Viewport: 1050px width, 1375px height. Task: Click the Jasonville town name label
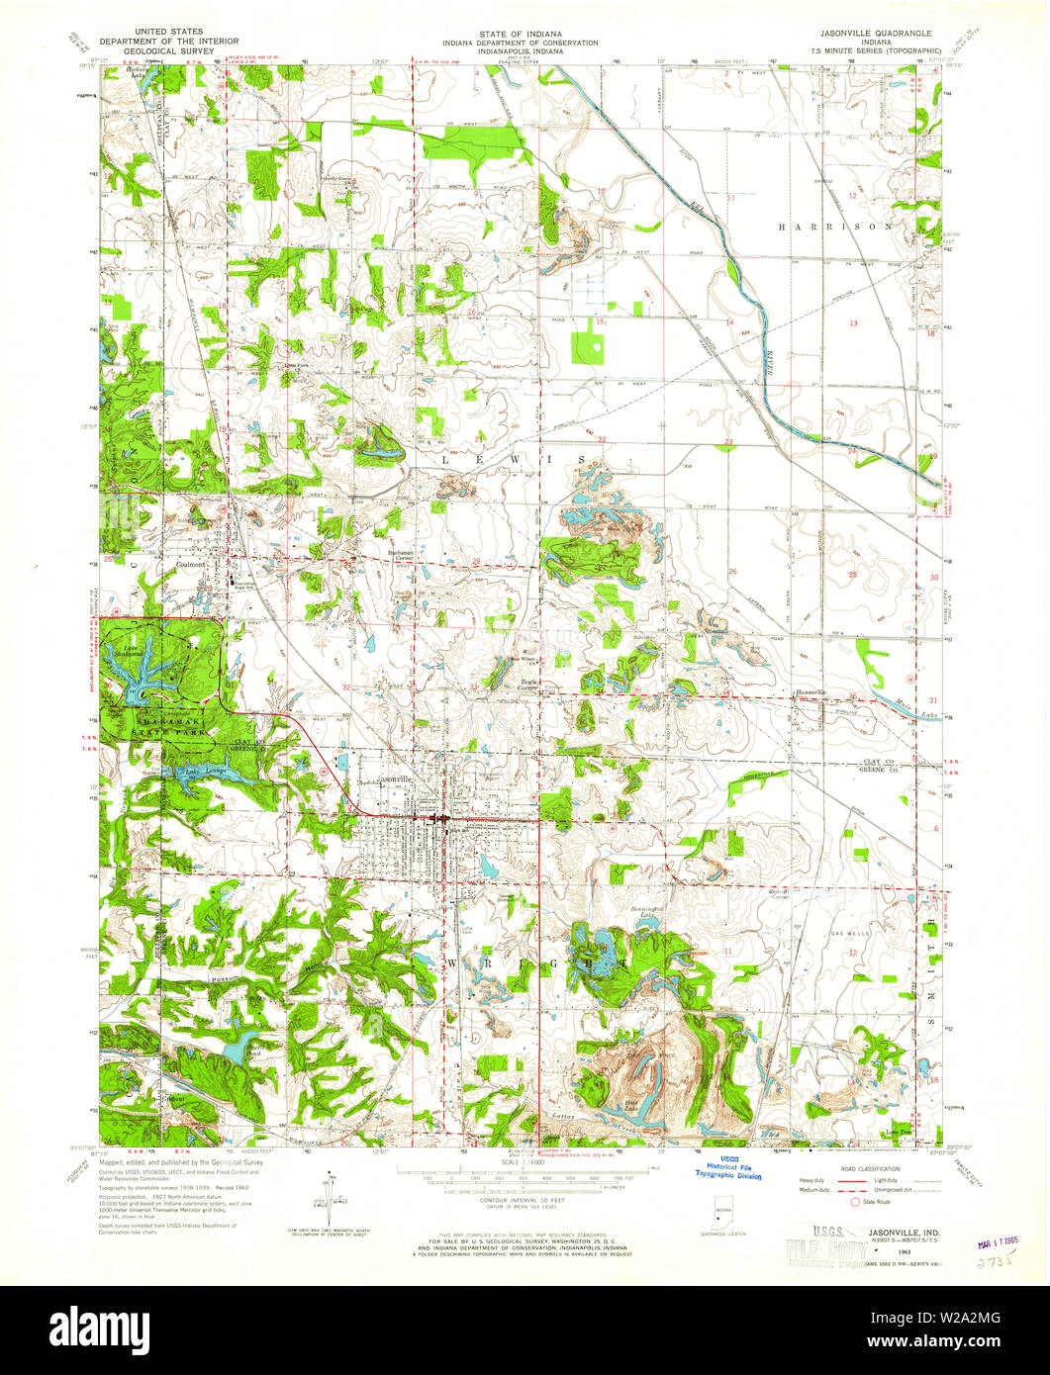click(x=394, y=779)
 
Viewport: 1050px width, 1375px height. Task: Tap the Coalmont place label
click(x=195, y=567)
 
